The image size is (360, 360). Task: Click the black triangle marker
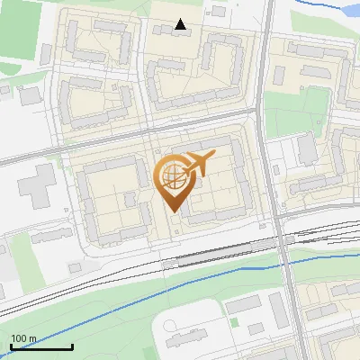click(x=181, y=24)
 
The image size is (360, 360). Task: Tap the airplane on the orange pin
click(x=197, y=165)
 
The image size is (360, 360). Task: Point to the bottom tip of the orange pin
click(x=172, y=213)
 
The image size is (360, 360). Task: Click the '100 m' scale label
click(x=23, y=338)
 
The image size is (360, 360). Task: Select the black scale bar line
click(x=41, y=346)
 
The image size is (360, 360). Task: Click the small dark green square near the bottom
click(x=233, y=321)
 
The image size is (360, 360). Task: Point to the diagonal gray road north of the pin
click(x=135, y=132)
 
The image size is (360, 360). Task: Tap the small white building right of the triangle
click(x=217, y=12)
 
